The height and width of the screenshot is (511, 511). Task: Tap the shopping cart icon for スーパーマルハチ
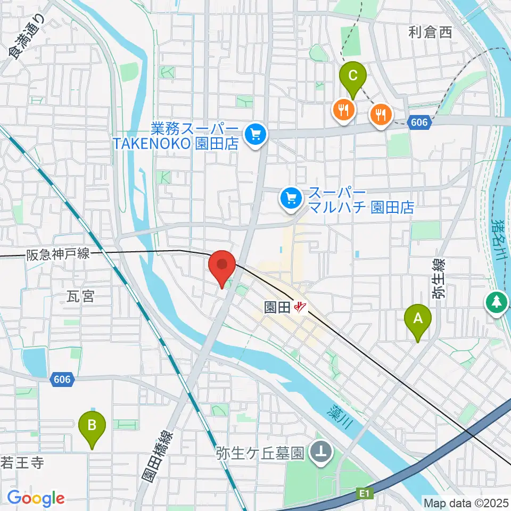pyautogui.click(x=291, y=200)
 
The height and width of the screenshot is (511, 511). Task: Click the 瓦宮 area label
pyautogui.click(x=81, y=296)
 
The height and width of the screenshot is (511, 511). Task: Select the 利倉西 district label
pyautogui.click(x=430, y=32)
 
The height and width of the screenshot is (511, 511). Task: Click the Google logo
pyautogui.click(x=36, y=498)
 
